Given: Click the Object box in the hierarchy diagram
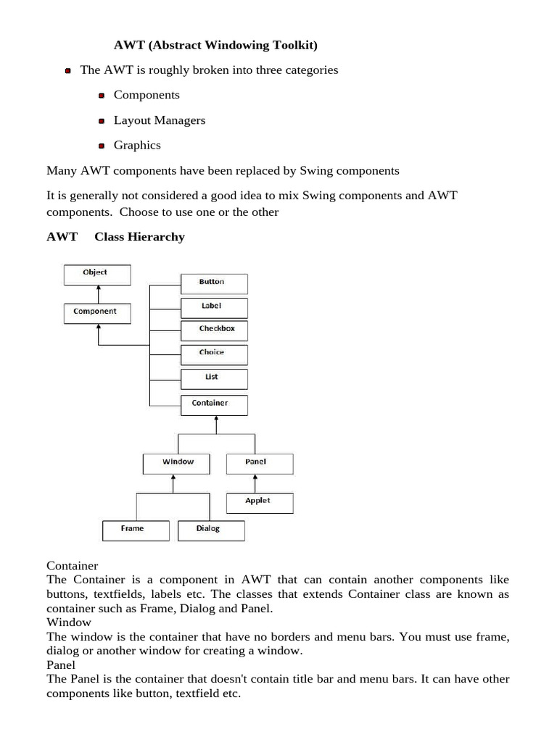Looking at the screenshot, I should coord(97,274).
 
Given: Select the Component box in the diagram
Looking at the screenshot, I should coord(97,312).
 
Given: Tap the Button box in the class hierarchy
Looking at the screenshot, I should coord(213,283).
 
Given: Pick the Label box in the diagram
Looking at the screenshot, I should coord(213,307).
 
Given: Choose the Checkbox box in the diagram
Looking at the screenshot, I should coord(213,330).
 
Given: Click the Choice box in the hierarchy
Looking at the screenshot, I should coord(213,354).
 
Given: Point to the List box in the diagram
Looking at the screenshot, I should coord(213,378).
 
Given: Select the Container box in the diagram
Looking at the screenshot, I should coord(213,404).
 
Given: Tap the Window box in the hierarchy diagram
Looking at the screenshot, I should coord(177,463).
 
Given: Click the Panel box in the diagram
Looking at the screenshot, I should coord(259,463).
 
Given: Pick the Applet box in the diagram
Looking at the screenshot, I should coord(259,502).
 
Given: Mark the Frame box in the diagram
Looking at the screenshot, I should coord(135,530).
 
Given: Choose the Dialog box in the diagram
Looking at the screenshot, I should coord(211,530).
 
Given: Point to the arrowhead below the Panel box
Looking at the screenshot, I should coord(255,478).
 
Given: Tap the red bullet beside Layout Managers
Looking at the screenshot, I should coord(102,121).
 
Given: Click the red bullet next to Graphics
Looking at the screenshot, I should coord(102,146).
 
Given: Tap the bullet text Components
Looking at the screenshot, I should coord(147,95).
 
